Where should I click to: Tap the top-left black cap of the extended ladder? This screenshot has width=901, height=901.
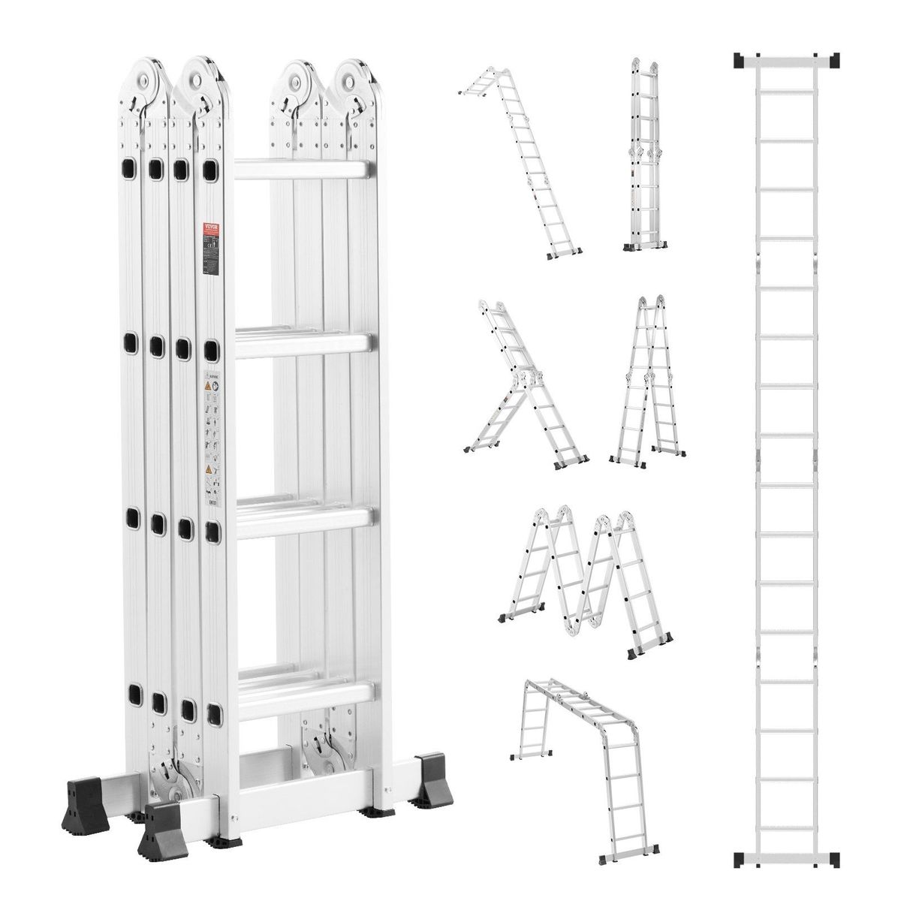740,59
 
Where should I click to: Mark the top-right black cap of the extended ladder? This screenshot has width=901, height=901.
832,59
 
